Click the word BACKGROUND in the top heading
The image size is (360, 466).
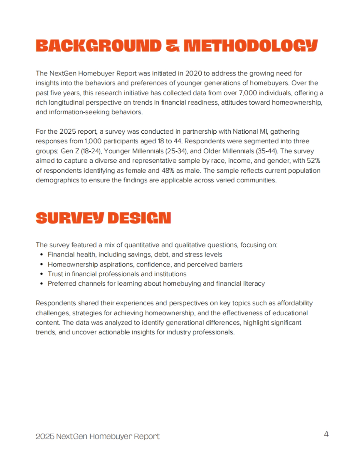point(98,46)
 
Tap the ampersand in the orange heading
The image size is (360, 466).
point(172,46)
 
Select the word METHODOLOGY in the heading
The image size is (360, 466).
point(250,46)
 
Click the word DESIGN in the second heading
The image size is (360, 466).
point(139,218)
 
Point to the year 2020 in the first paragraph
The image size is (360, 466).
point(193,73)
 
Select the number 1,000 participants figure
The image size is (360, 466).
point(93,141)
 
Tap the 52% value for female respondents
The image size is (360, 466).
point(313,161)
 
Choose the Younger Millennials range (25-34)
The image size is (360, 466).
point(176,151)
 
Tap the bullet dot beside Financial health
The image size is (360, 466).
point(42,255)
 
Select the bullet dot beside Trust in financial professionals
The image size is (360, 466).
point(42,274)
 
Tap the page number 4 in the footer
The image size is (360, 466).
point(326,434)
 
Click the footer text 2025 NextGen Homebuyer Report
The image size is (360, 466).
point(97,436)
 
